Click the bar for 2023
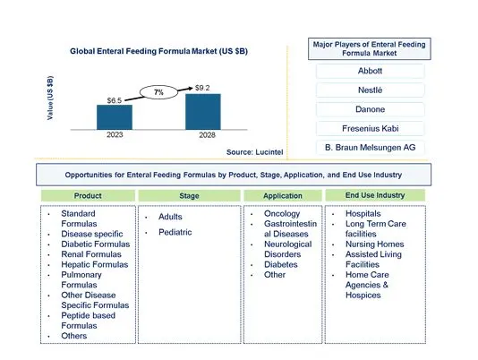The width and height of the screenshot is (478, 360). coord(115,117)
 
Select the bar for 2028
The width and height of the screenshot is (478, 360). coord(203,112)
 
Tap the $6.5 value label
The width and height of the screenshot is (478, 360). coord(115,100)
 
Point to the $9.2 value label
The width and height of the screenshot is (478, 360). coord(202,88)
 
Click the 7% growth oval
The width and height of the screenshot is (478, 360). coord(158,92)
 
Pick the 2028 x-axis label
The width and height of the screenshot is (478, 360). coord(207,135)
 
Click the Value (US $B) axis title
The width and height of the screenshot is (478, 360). coord(50,98)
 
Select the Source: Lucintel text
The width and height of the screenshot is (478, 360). coord(254,152)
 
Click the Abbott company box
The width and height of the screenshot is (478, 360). coord(370,71)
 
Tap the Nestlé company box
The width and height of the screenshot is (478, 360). coord(370,90)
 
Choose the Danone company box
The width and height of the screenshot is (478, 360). coord(370,109)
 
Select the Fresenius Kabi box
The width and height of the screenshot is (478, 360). coord(370,128)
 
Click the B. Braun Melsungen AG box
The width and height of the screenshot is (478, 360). coord(370,148)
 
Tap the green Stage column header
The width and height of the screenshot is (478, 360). coord(189,196)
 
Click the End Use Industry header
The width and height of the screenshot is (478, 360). coord(375,195)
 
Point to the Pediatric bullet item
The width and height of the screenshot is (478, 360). coord(175,232)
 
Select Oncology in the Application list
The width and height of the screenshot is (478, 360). coord(282,213)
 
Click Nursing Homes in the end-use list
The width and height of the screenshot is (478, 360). coord(375,244)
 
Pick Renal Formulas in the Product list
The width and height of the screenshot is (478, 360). coord(91,254)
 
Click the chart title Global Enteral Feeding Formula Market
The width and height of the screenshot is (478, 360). coord(158,51)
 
